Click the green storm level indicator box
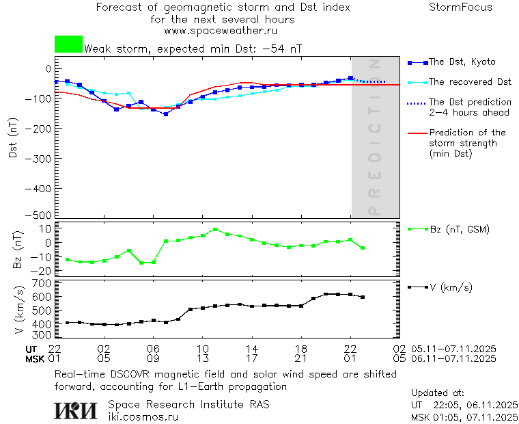tap(68, 44)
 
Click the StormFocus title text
tap(460, 8)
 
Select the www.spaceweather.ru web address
tap(221, 31)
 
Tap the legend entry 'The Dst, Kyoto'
tap(462, 62)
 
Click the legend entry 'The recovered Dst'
tap(470, 82)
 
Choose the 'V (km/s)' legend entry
tap(451, 287)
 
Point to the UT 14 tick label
tap(252, 348)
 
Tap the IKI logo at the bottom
tap(75, 410)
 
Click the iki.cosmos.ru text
tap(143, 416)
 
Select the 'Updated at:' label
tap(438, 393)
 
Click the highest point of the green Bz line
tap(215, 230)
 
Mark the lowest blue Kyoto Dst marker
tap(166, 114)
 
